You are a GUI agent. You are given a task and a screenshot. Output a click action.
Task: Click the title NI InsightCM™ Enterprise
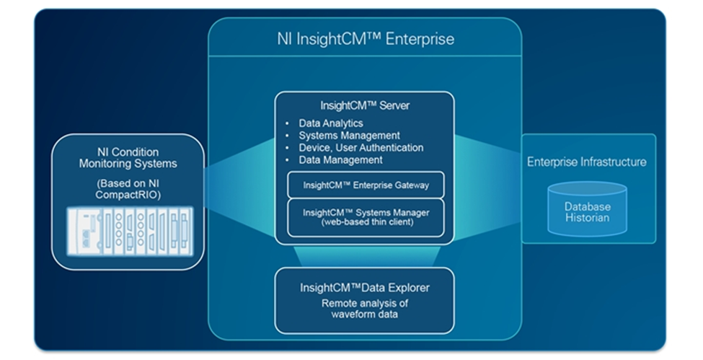pos(366,38)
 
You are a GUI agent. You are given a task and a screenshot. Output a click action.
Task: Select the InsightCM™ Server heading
pos(366,105)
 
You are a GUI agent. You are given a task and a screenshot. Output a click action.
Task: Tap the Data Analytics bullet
pos(331,123)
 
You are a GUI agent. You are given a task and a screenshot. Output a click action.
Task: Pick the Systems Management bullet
pos(349,136)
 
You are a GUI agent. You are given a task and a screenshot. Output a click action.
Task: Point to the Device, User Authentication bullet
pos(361,148)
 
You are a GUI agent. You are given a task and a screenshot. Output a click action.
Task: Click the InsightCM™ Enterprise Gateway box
pos(366,185)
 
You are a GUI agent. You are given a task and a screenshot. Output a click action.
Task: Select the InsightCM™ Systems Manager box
pos(366,217)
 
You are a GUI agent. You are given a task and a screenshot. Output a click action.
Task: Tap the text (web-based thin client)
pos(366,223)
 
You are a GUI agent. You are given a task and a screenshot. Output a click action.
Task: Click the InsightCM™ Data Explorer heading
pos(365,288)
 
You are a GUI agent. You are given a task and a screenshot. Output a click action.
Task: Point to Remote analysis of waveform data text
pos(365,309)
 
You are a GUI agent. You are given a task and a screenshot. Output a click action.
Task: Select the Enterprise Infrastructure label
pos(586,162)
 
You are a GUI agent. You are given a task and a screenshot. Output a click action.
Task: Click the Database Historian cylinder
pos(587,208)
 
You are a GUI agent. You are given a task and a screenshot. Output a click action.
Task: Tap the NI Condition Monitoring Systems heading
pos(128,158)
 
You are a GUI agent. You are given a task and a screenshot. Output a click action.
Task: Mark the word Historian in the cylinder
pos(587,217)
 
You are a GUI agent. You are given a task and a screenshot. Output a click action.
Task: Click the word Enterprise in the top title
pos(420,38)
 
